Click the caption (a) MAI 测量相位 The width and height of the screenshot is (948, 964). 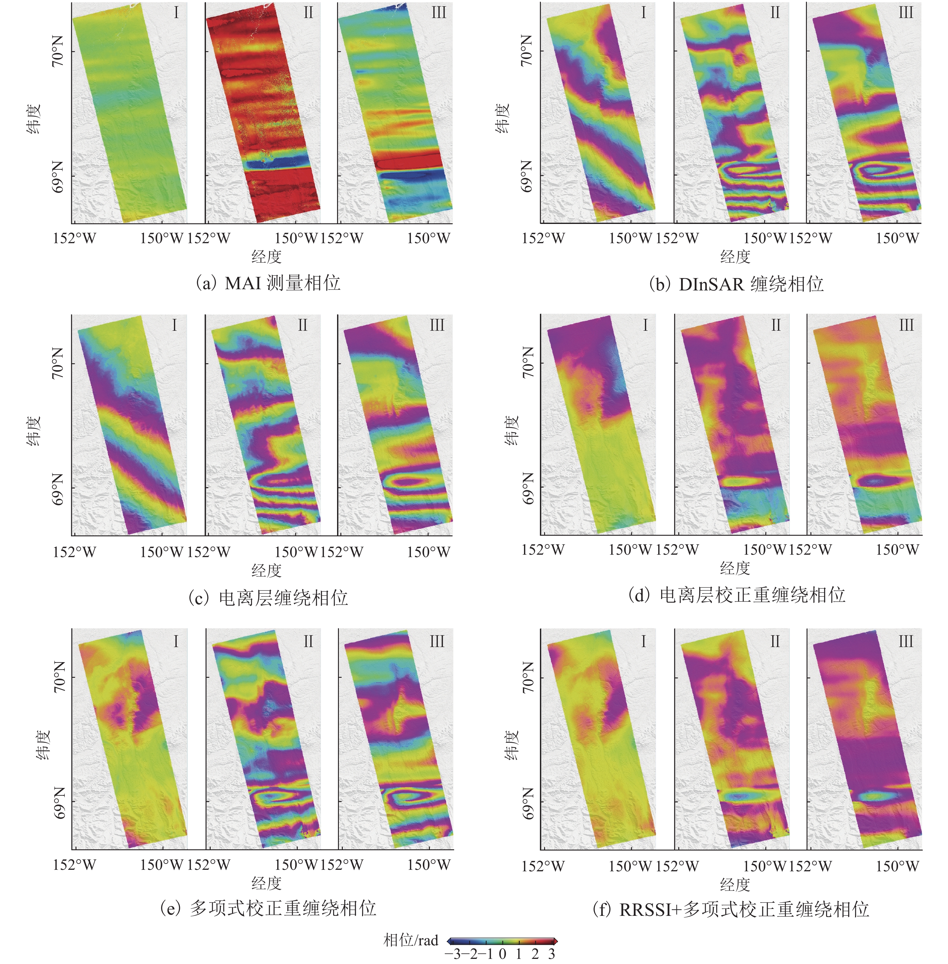pyautogui.click(x=268, y=283)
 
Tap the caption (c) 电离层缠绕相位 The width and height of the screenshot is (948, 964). pyautogui.click(x=268, y=597)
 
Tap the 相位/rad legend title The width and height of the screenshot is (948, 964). pyautogui.click(x=411, y=941)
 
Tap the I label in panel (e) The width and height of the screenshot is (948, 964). pyautogui.click(x=175, y=642)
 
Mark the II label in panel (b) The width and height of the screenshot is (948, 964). pyautogui.click(x=775, y=12)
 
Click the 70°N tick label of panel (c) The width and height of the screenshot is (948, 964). pyautogui.click(x=58, y=364)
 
